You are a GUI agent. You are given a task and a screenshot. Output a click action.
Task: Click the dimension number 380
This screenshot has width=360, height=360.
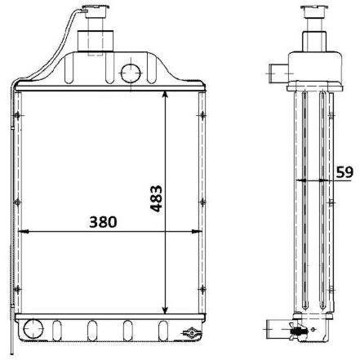pos(103,222)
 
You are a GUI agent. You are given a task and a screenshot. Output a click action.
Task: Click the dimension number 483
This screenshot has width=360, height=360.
pos(156,198)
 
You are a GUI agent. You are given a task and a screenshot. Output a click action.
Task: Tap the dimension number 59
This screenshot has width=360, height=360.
pos(344,172)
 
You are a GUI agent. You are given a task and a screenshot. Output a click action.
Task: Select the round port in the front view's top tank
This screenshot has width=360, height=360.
pos(131,73)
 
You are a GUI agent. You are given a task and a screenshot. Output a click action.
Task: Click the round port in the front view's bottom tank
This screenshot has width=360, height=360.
pos(33,329)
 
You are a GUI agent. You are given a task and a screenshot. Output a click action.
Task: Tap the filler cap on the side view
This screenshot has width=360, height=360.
pos(315,11)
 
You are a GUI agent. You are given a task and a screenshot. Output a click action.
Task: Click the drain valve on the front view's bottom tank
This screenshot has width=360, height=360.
pos(191,332)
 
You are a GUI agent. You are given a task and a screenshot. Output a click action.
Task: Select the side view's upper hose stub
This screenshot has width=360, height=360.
pos(278,73)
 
